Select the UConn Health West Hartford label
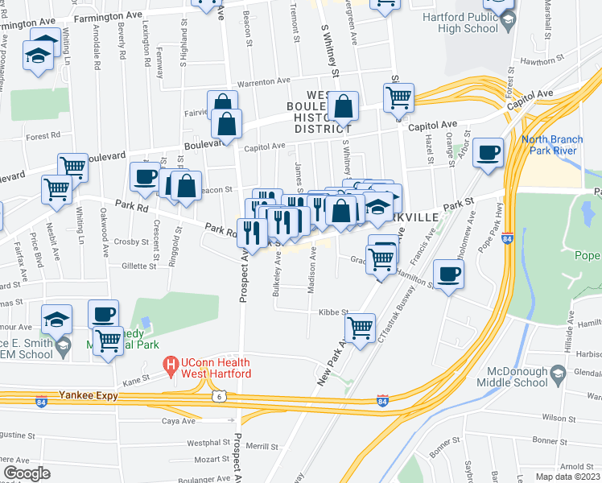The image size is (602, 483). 215,368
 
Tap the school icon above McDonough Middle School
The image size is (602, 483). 558,373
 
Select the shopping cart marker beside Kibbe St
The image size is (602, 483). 360,326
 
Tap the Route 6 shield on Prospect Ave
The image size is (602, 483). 217,396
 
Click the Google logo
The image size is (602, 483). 27,473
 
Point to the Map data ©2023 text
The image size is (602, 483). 567,477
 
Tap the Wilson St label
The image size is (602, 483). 555,418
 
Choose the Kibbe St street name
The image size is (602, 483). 332,312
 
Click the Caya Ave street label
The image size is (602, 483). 179,420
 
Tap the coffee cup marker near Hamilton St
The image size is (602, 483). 448,274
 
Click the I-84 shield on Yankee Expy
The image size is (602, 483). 383,400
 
